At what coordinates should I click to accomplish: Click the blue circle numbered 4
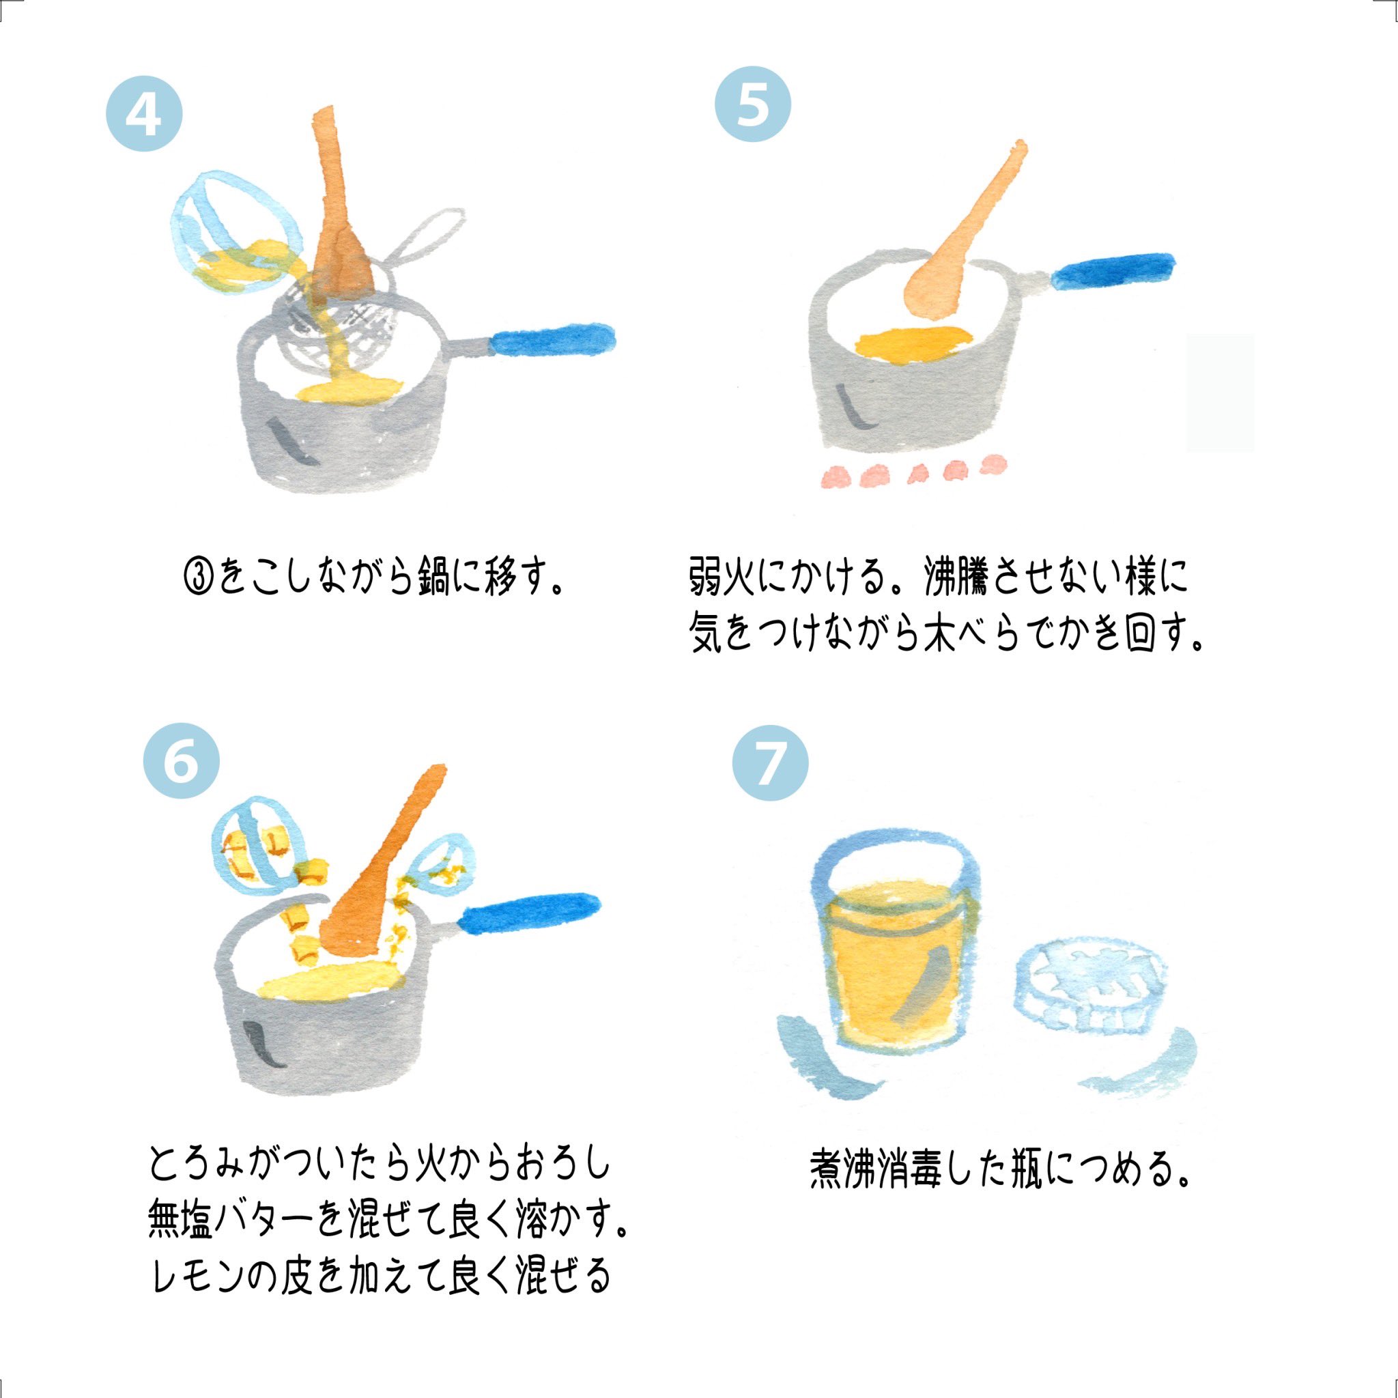pyautogui.click(x=145, y=113)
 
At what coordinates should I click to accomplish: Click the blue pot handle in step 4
pyautogui.click(x=554, y=340)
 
